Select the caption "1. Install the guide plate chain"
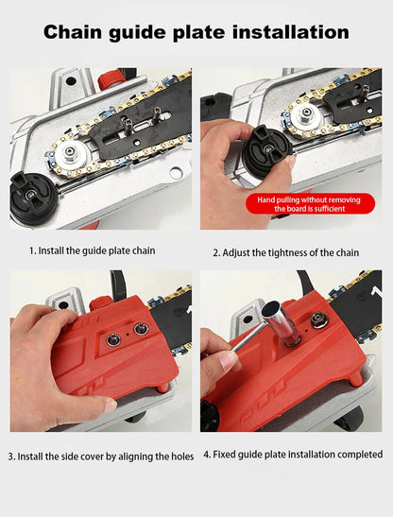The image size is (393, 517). [92, 250]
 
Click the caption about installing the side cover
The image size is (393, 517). [101, 456]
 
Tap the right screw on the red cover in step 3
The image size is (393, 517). [141, 329]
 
